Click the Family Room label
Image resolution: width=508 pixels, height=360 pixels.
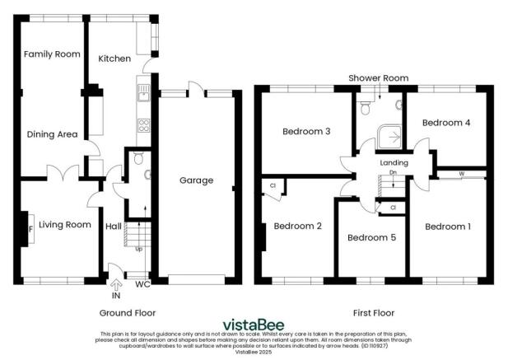[x=52, y=54]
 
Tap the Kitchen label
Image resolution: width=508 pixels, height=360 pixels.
[x=114, y=59]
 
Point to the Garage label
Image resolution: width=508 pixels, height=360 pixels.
[x=196, y=180]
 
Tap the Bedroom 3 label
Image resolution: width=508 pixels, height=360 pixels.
[x=306, y=131]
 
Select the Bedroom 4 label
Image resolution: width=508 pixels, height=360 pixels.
[x=446, y=123]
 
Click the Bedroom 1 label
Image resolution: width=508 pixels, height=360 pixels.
[x=448, y=226]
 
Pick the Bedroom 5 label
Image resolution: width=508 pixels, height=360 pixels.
[x=371, y=238]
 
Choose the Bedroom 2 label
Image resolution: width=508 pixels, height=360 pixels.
[x=297, y=226]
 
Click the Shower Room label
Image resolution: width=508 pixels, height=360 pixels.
[x=378, y=77]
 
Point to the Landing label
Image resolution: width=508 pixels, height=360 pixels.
[x=394, y=162]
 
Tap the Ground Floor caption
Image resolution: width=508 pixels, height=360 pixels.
[x=128, y=313]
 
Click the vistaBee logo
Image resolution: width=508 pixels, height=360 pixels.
[x=254, y=323]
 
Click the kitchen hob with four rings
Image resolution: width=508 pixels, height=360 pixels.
[x=142, y=126]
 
